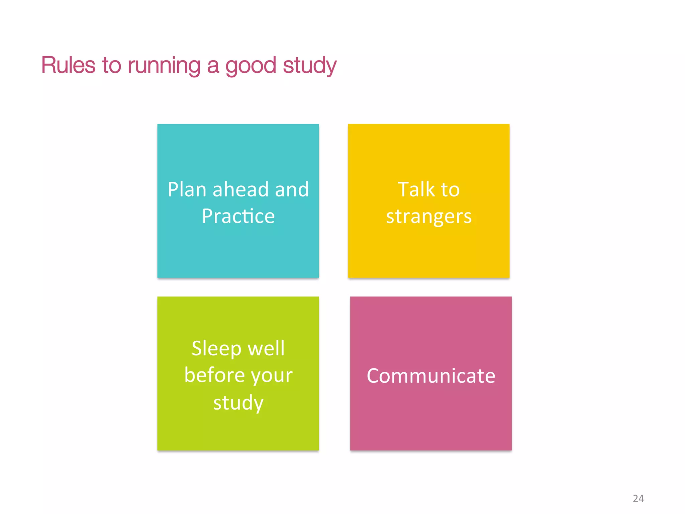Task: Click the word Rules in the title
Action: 68,65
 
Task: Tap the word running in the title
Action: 164,66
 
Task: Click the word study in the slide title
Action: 310,66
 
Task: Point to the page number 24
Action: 638,499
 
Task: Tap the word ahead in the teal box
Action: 240,189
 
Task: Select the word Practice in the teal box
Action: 238,216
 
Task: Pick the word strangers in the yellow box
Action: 429,217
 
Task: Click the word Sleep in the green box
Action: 216,349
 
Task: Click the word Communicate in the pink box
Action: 431,376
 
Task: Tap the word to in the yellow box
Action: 450,190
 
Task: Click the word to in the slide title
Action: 111,66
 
